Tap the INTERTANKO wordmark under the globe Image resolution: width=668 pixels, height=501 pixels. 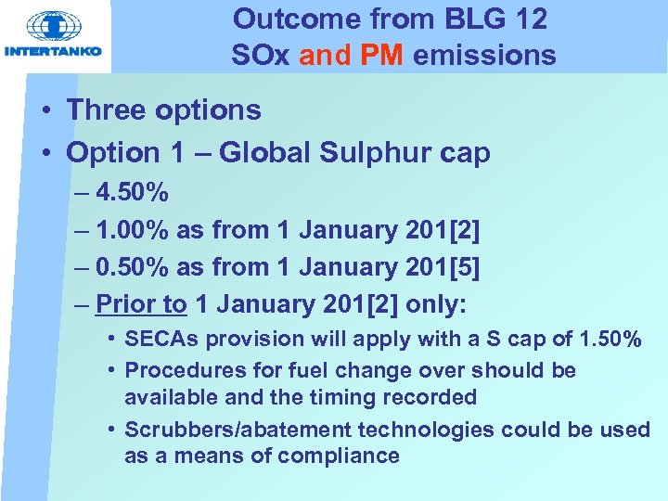click(x=53, y=51)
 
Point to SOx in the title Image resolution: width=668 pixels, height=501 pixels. click(x=261, y=56)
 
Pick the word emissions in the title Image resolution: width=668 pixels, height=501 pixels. click(x=484, y=56)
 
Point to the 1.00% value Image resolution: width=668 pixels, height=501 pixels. click(x=133, y=229)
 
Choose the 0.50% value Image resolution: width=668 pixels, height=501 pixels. click(x=133, y=266)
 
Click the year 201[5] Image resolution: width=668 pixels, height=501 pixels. click(x=443, y=266)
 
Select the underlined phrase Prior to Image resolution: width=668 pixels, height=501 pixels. click(x=141, y=303)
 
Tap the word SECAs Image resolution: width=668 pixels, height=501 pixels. click(x=161, y=340)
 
